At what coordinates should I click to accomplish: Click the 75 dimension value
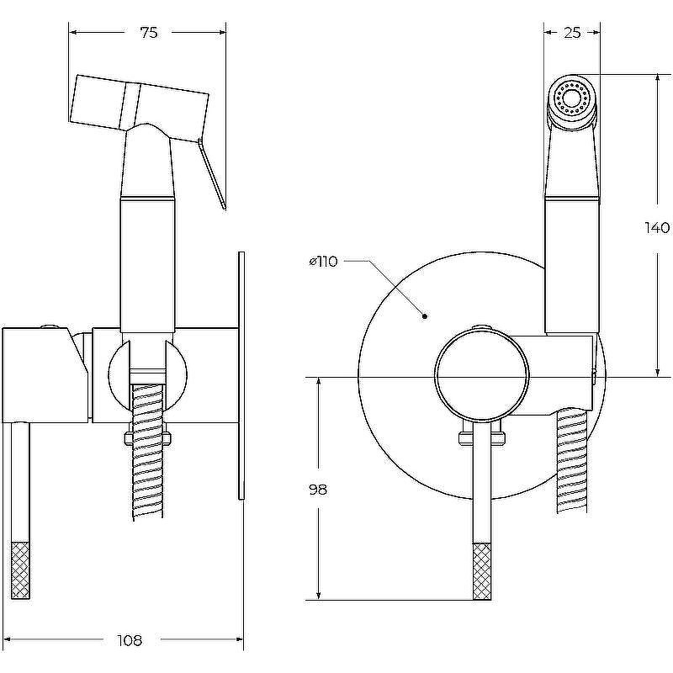tap(149, 33)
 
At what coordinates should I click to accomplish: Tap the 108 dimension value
tap(130, 641)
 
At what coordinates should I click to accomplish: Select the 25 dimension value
tap(572, 33)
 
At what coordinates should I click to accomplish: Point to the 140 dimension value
tap(658, 227)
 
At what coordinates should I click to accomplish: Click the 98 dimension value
tap(318, 490)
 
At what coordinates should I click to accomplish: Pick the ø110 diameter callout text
tap(324, 262)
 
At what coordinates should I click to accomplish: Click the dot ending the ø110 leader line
tap(425, 316)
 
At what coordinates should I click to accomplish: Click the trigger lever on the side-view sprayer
tap(212, 174)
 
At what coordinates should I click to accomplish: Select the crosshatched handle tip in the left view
tap(19, 570)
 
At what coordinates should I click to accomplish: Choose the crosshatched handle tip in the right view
tap(482, 572)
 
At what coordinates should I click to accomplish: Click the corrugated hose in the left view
tap(149, 452)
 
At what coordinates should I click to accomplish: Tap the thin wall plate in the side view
tap(241, 376)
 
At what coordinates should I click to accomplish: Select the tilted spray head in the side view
tap(139, 108)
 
